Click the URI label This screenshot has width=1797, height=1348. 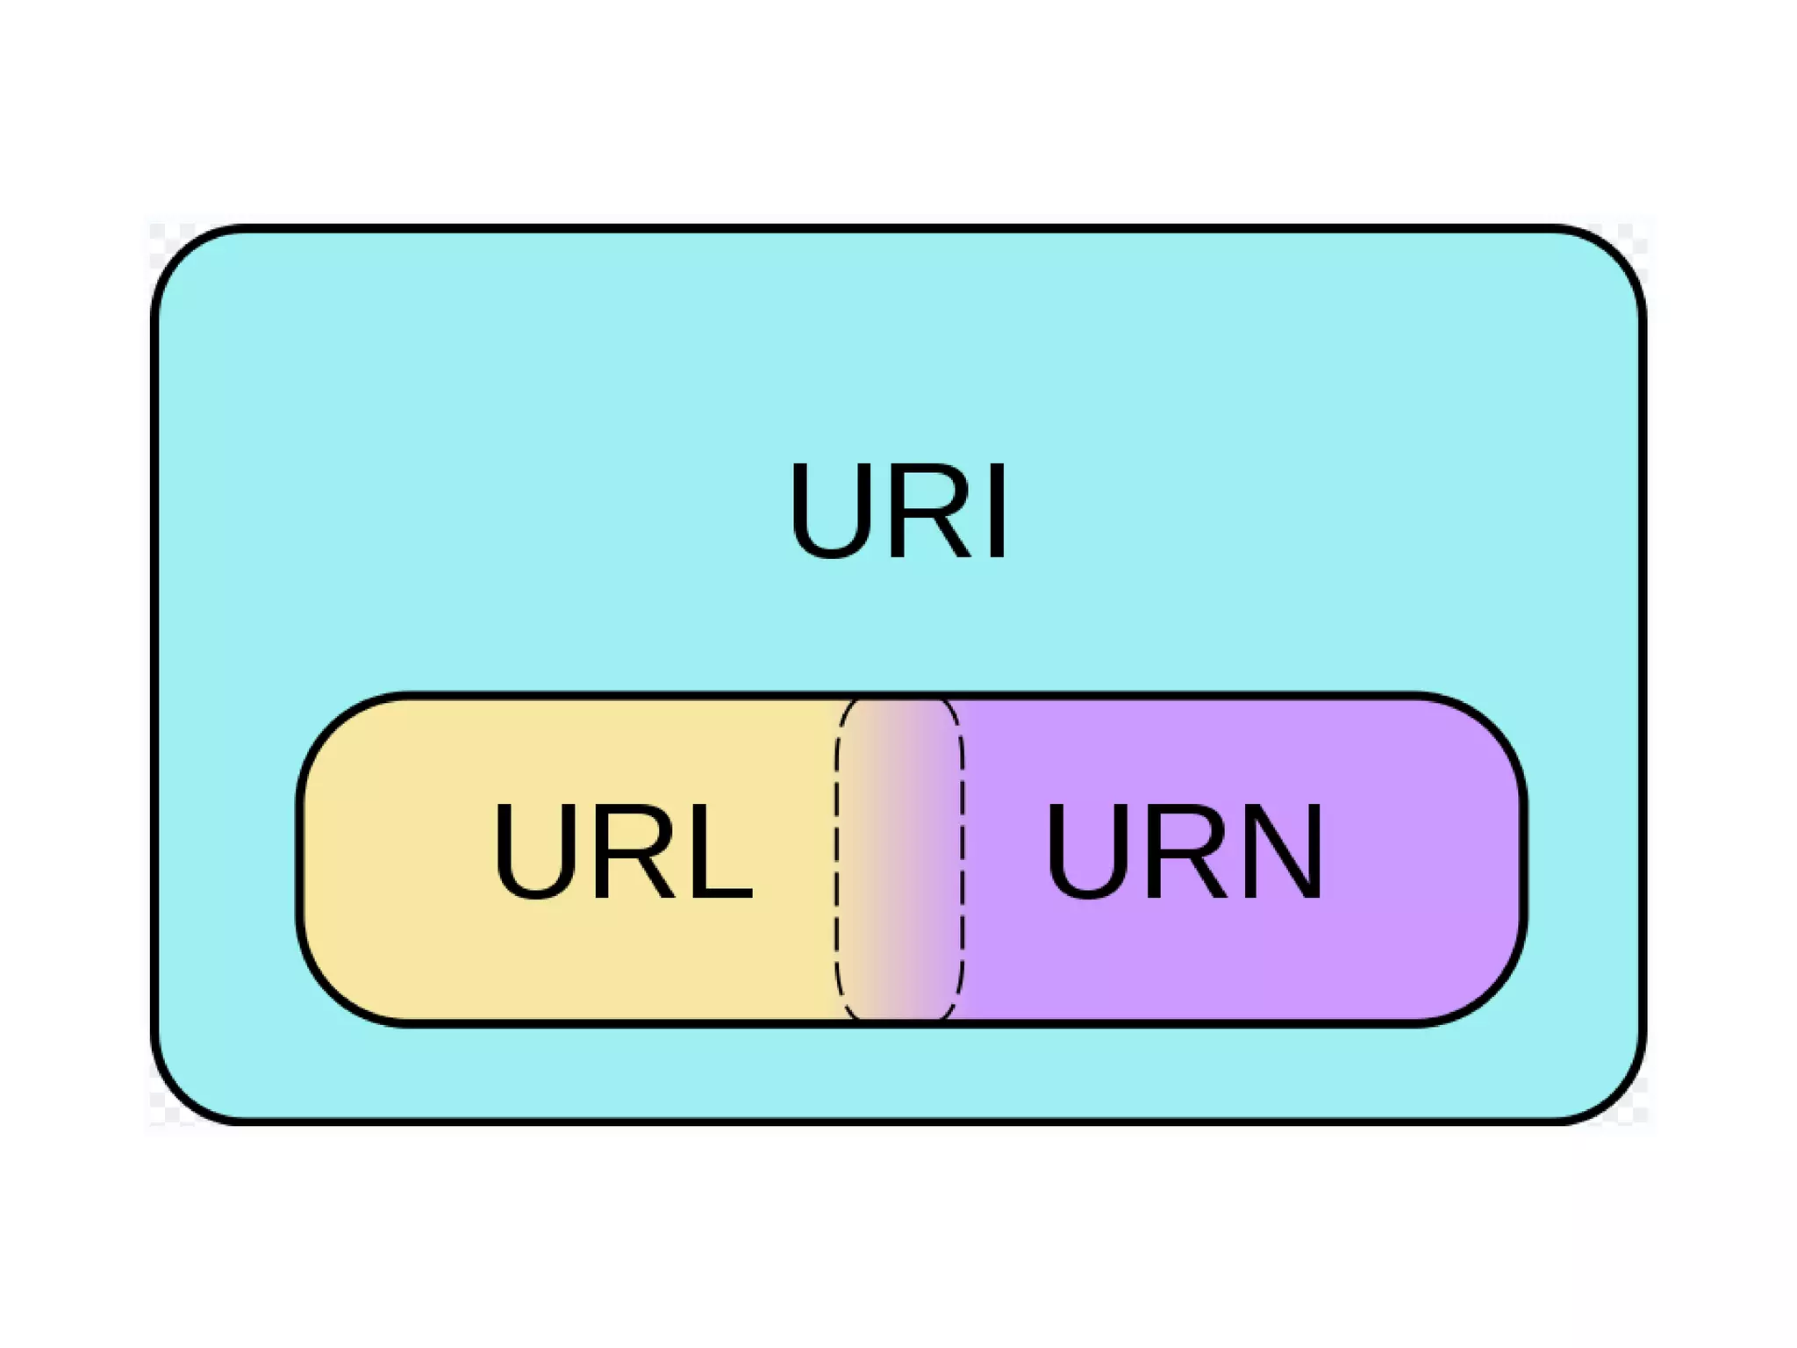[x=898, y=511]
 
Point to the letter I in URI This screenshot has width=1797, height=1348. [x=998, y=512]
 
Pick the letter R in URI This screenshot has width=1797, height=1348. [x=930, y=512]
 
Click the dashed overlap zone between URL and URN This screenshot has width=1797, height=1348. [x=899, y=860]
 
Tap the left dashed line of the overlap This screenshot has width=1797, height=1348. [x=836, y=860]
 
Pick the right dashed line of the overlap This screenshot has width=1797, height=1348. [x=963, y=860]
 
